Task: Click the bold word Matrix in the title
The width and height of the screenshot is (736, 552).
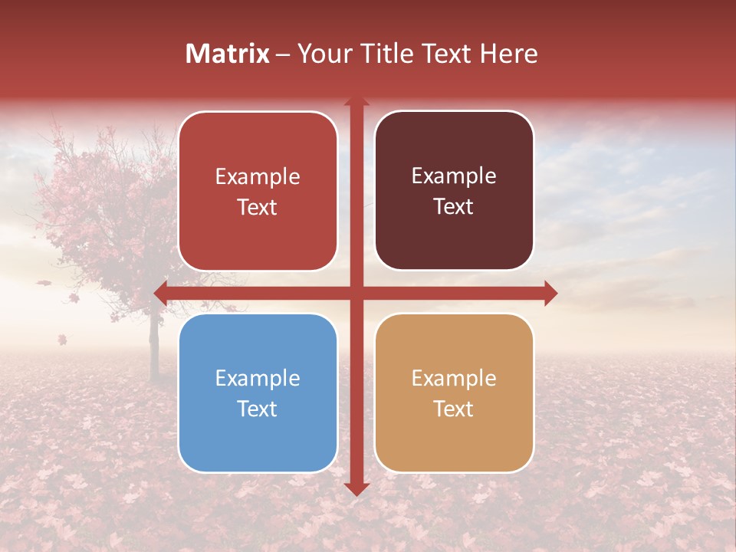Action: pyautogui.click(x=228, y=54)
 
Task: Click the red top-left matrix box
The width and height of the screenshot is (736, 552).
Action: pyautogui.click(x=258, y=191)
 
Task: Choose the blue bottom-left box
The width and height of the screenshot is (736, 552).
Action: pyautogui.click(x=258, y=393)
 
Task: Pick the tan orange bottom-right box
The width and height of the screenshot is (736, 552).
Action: pyautogui.click(x=454, y=393)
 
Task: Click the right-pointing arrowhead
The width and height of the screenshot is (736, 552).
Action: pyautogui.click(x=550, y=292)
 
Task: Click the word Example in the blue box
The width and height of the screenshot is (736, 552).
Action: pyautogui.click(x=258, y=378)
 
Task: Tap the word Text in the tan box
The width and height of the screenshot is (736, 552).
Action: pyautogui.click(x=454, y=409)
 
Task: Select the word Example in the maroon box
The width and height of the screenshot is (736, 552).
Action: pyautogui.click(x=454, y=176)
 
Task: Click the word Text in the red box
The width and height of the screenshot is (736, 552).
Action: pyautogui.click(x=258, y=207)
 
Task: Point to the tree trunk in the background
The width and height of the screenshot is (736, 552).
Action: pyautogui.click(x=153, y=337)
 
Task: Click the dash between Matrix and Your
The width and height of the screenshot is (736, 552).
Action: pyautogui.click(x=283, y=54)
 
